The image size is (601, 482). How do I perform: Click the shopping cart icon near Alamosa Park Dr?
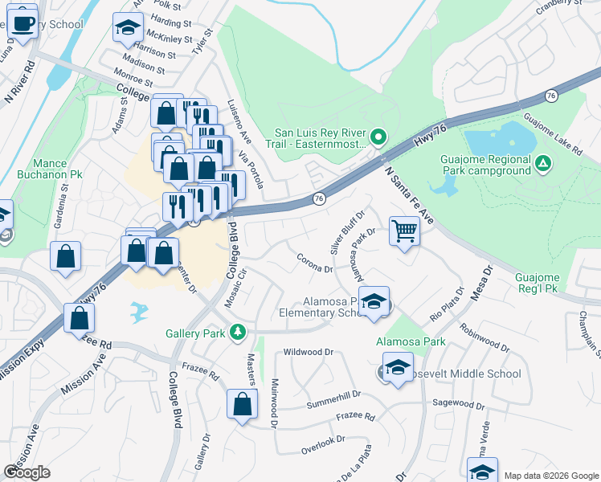click(404, 231)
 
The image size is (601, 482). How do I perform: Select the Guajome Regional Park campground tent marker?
click(544, 164)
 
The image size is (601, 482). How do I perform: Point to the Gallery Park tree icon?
click(237, 332)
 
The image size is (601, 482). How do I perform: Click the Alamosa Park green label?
click(411, 341)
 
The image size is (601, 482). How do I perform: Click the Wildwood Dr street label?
click(309, 352)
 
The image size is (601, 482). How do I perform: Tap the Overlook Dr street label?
click(323, 440)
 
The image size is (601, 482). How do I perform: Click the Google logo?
click(27, 472)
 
